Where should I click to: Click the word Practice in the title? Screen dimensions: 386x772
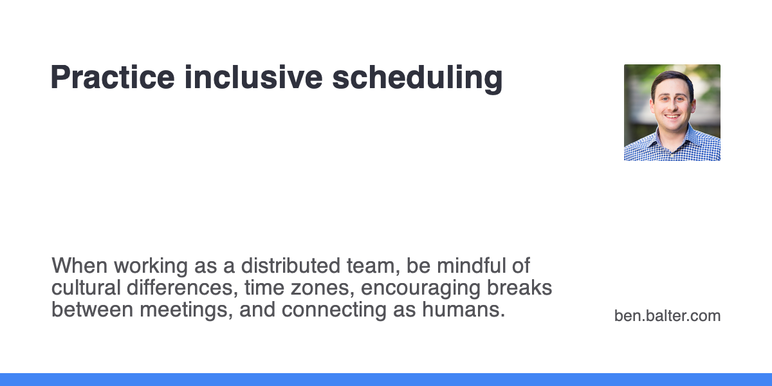pyautogui.click(x=112, y=78)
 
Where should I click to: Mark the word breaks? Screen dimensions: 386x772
pyautogui.click(x=524, y=288)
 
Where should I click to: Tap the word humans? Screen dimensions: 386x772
pyautogui.click(x=463, y=309)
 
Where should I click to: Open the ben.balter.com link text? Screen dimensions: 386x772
pyautogui.click(x=667, y=316)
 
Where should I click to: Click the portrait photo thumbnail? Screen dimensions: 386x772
pyautogui.click(x=672, y=112)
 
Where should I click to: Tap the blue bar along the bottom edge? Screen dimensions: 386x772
pyautogui.click(x=386, y=379)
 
